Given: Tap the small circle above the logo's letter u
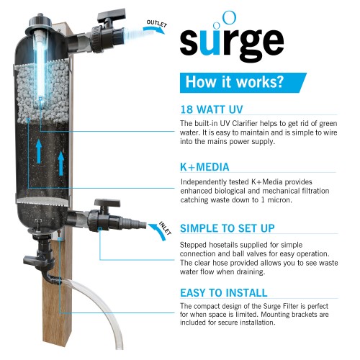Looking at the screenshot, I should (x=229, y=15).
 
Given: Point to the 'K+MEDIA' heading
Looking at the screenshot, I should (x=204, y=167).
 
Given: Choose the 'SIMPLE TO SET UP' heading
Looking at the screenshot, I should (x=226, y=229).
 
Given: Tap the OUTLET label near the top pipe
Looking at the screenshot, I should (x=158, y=23).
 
